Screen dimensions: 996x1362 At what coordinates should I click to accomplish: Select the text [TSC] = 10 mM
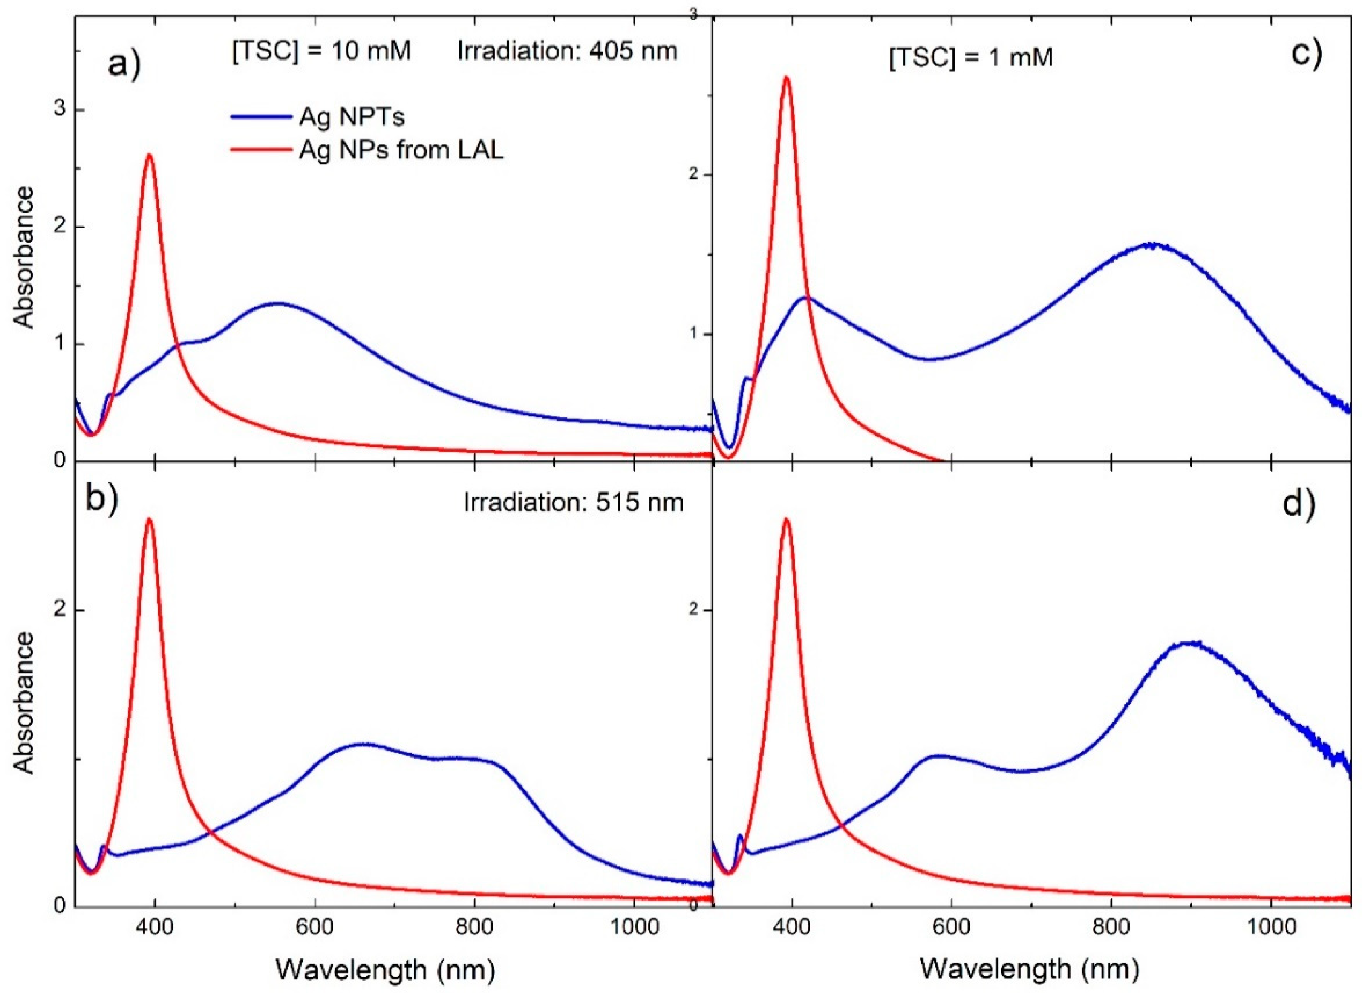pyautogui.click(x=321, y=51)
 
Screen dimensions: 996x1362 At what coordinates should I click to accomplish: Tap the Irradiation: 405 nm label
pyautogui.click(x=567, y=51)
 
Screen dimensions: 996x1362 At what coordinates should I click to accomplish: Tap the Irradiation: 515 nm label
pyautogui.click(x=573, y=502)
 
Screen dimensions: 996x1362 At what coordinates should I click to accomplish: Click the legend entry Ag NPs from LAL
pyautogui.click(x=401, y=150)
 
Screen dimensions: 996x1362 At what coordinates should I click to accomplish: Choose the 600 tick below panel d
pyautogui.click(x=951, y=926)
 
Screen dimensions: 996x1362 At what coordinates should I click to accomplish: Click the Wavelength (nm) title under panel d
pyautogui.click(x=1030, y=969)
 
